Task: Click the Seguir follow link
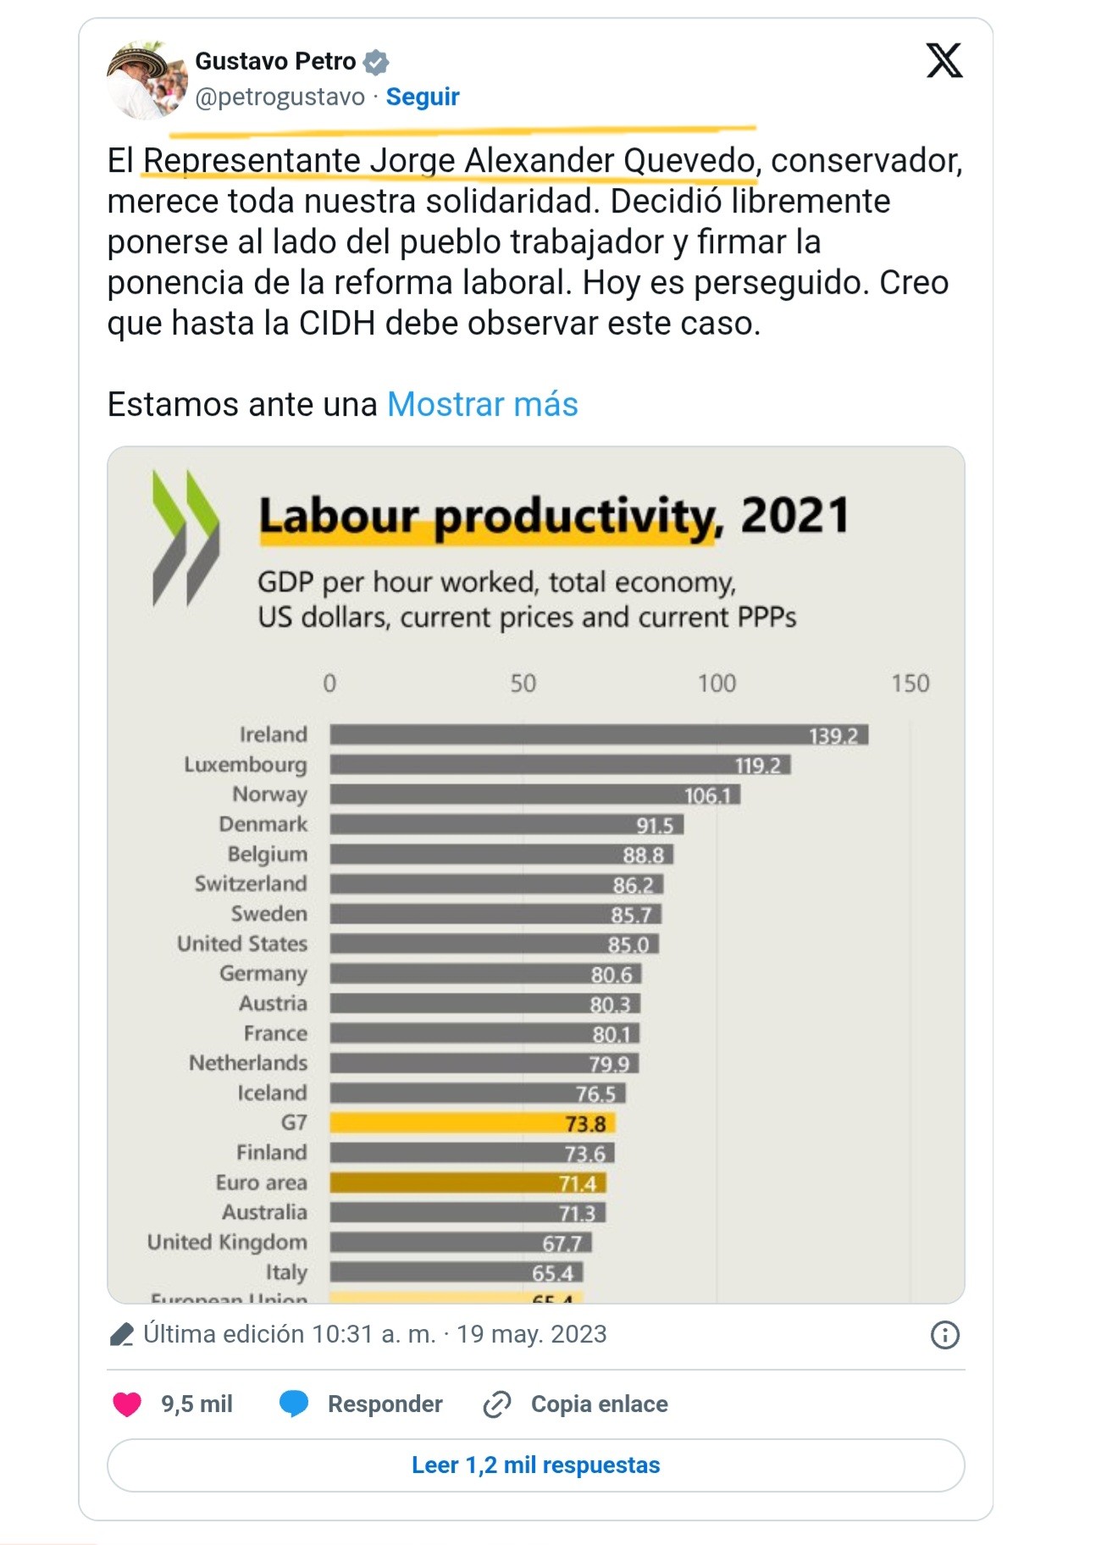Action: click(422, 97)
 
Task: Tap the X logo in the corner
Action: click(943, 61)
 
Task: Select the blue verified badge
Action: click(376, 62)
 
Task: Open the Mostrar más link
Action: click(482, 405)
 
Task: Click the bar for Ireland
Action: click(598, 734)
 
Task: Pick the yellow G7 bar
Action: click(472, 1123)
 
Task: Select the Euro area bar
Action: click(468, 1182)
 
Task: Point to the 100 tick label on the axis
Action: click(716, 684)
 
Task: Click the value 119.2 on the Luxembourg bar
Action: click(757, 766)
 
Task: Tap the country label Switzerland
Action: click(251, 883)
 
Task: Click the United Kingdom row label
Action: click(227, 1242)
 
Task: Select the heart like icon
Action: click(127, 1404)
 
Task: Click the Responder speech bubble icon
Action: click(294, 1404)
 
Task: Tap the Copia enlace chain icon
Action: click(497, 1404)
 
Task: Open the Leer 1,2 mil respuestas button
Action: click(535, 1465)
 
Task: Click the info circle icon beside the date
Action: click(944, 1335)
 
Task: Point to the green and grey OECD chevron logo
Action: click(185, 538)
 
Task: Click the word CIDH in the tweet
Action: click(337, 324)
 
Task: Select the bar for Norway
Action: click(534, 795)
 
